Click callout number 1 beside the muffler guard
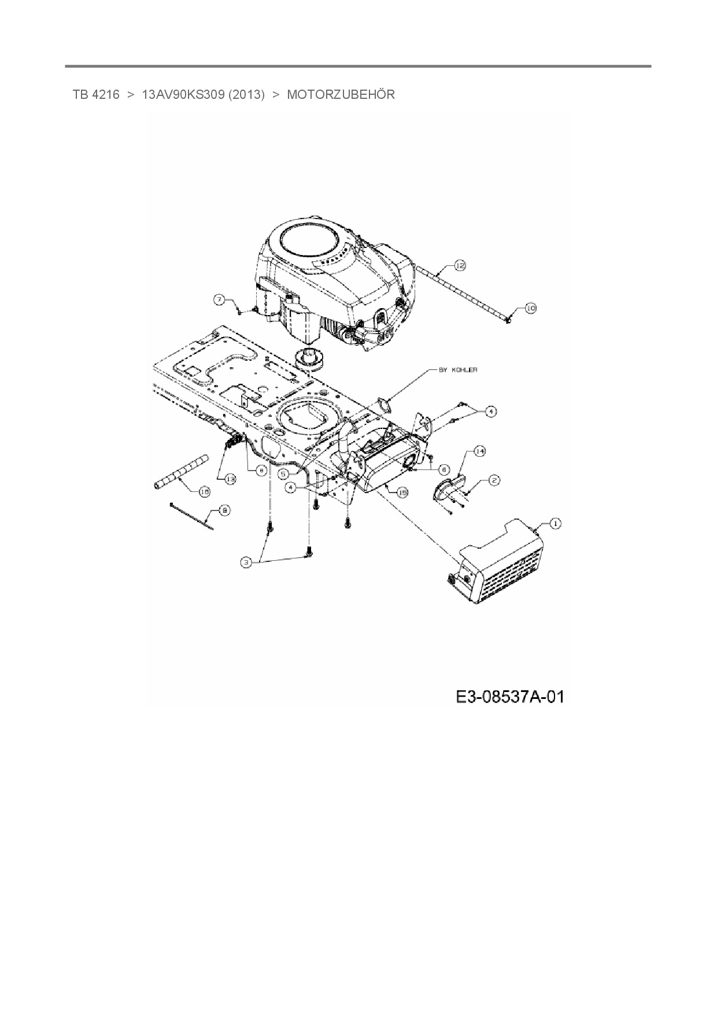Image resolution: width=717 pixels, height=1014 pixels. coord(555,524)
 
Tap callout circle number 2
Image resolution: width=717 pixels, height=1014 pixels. coord(494,480)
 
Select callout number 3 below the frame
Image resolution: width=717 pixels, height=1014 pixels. coord(247,562)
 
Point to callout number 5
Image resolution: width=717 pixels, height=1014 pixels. coord(284,473)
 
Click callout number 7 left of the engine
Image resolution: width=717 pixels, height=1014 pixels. coord(219,299)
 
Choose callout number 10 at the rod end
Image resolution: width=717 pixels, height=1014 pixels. coord(530,309)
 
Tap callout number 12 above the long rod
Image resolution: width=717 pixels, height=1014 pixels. coord(460,265)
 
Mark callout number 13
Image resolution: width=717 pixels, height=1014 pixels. coord(230,479)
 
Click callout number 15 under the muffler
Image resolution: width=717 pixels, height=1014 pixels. coord(402,492)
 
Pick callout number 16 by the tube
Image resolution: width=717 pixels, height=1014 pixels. coord(204,491)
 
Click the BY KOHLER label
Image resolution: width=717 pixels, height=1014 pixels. coord(458,370)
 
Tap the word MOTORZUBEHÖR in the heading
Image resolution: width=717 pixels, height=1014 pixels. coord(341,94)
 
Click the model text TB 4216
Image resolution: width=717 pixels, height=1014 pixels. coord(96,94)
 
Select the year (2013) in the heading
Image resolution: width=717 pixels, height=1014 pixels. coord(246,94)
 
